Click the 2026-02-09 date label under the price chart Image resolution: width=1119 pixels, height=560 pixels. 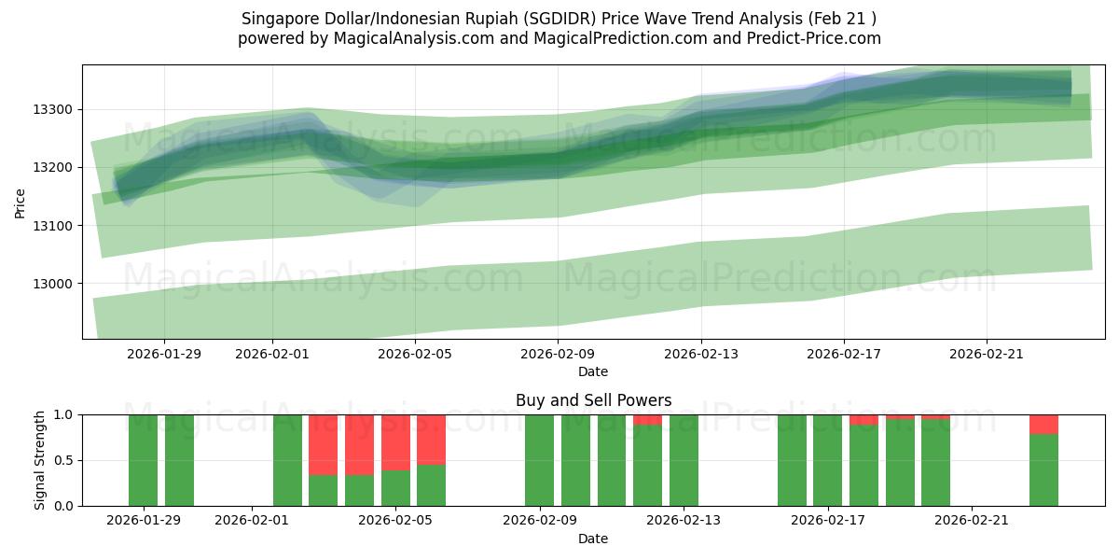click(558, 354)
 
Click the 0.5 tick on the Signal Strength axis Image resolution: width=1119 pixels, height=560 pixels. click(63, 460)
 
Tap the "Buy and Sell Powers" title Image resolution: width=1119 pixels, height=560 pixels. click(593, 400)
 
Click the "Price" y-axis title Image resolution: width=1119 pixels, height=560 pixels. click(21, 202)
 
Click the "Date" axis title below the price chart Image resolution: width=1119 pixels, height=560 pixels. click(593, 371)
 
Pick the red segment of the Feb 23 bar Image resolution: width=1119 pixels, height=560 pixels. click(1043, 425)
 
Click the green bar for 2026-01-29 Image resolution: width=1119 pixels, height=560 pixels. click(143, 460)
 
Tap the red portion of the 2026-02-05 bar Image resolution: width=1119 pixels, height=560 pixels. click(395, 442)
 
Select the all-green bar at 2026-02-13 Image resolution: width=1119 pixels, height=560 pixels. click(684, 460)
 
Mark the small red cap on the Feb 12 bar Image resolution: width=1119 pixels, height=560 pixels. click(647, 420)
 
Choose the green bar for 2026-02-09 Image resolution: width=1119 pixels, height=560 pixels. click(539, 460)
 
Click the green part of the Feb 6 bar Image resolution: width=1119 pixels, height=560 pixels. click(431, 485)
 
